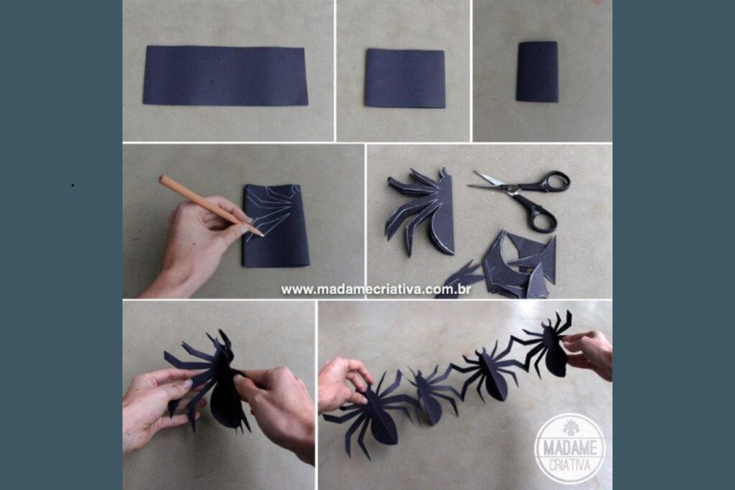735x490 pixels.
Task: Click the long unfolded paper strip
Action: [x=225, y=75]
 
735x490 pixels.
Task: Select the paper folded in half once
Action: [x=405, y=79]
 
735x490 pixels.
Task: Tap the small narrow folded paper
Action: [x=538, y=71]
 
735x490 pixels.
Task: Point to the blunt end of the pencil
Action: [x=161, y=179]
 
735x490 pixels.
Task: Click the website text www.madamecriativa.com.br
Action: [x=376, y=290]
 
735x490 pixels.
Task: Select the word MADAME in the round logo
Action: [x=571, y=448]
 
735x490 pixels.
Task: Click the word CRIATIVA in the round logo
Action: [x=571, y=465]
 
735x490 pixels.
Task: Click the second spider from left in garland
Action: [x=429, y=393]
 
